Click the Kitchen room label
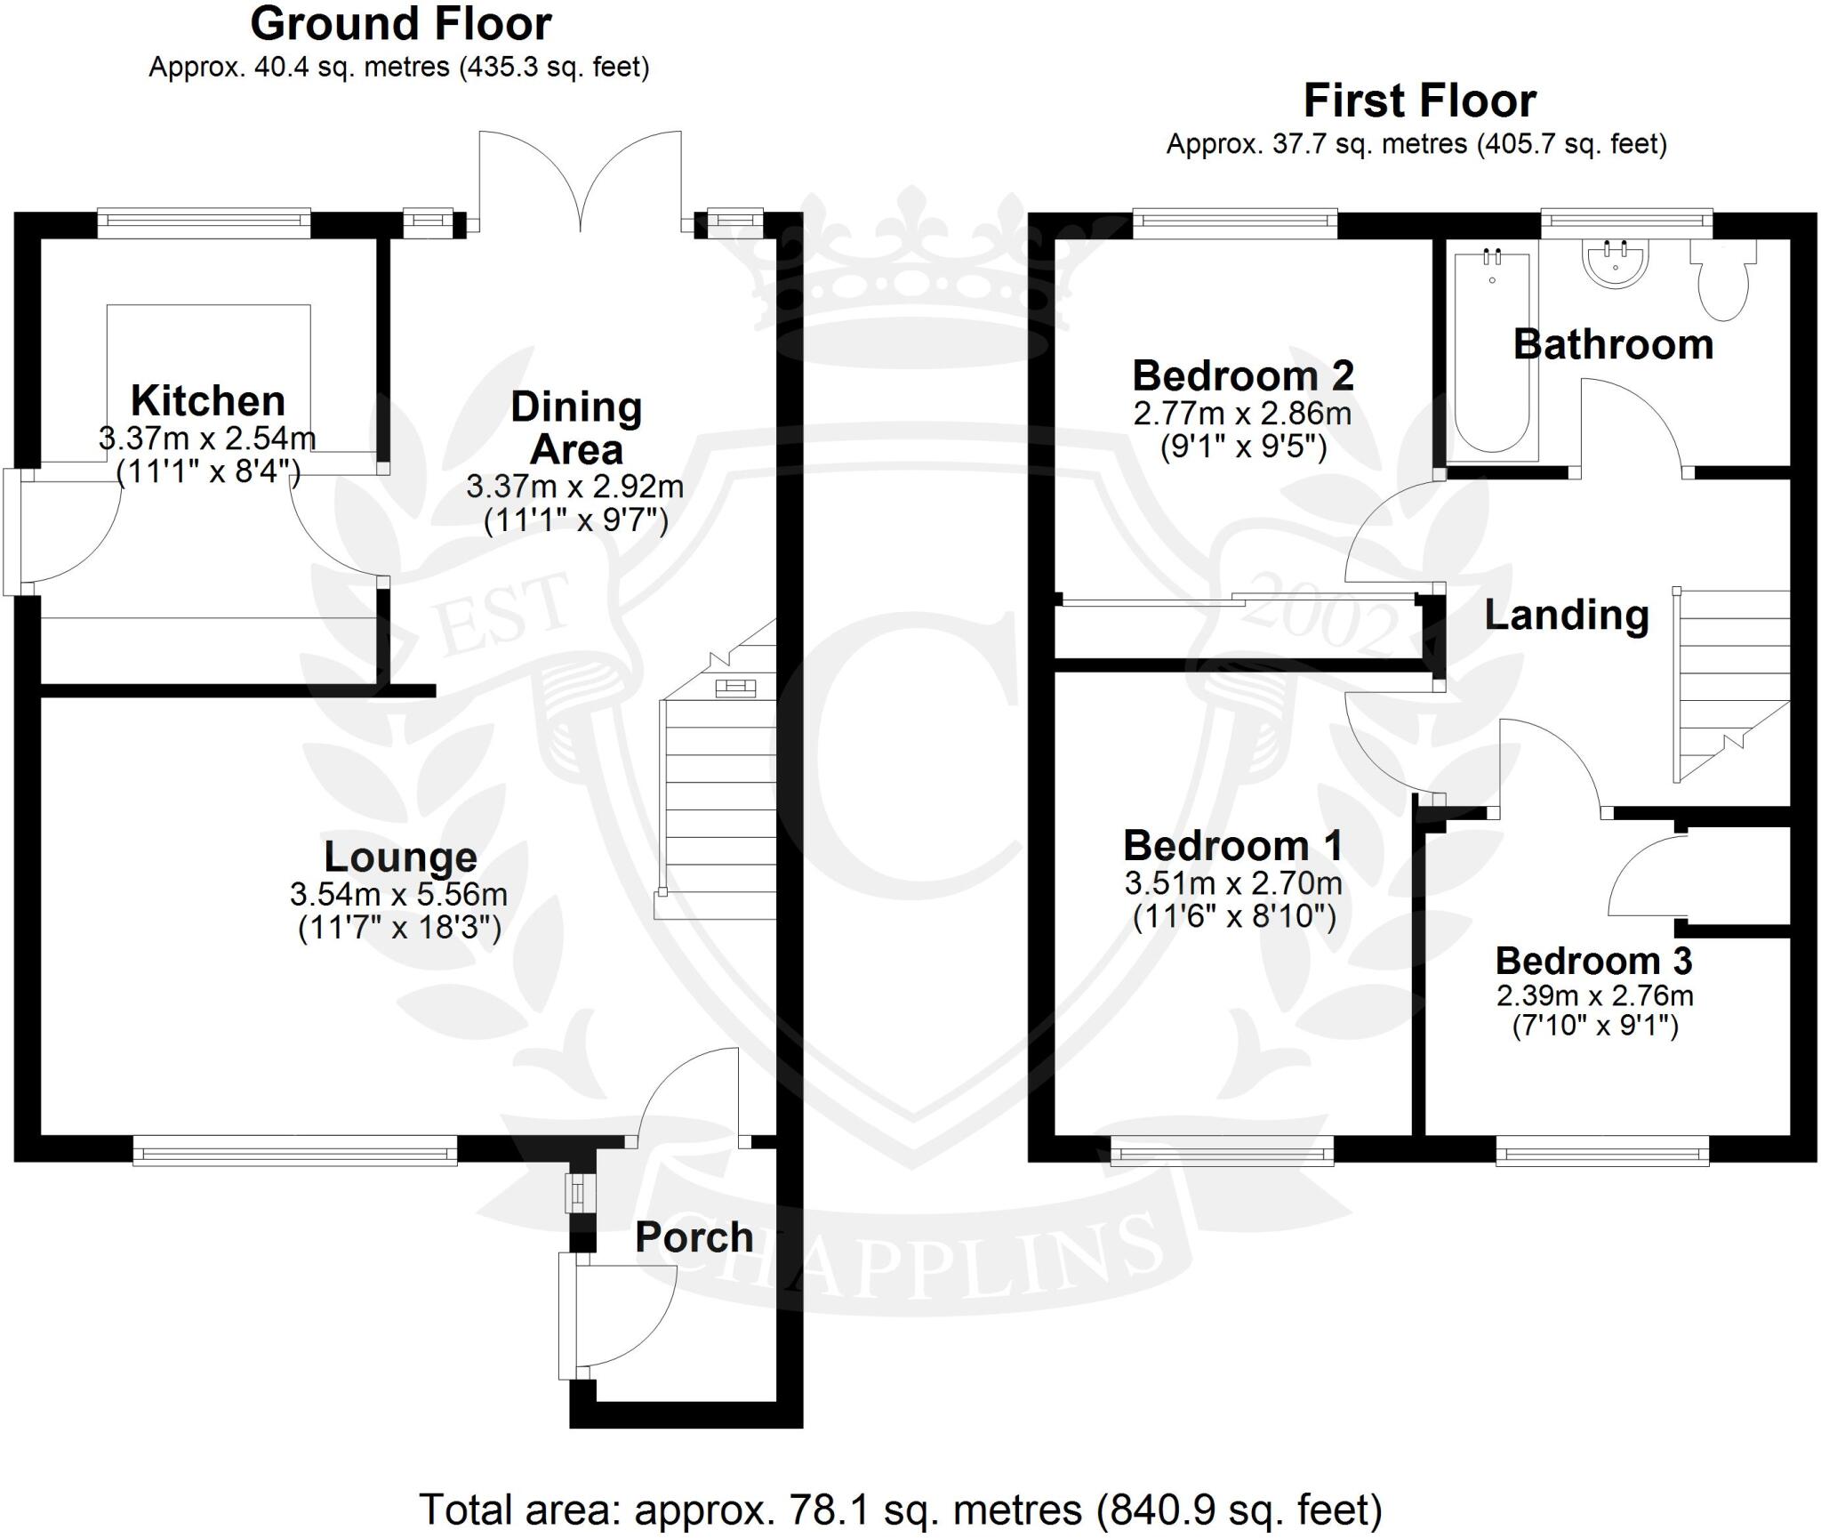[x=207, y=401]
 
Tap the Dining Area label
[x=576, y=429]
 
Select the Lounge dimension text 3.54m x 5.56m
[x=398, y=894]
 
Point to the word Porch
[x=694, y=1237]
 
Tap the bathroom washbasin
[x=1616, y=263]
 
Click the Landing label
[x=1567, y=616]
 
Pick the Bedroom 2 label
[x=1242, y=376]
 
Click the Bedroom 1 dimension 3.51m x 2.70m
[x=1233, y=883]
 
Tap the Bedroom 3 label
[x=1593, y=961]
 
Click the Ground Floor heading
[x=401, y=24]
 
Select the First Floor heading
[x=1419, y=101]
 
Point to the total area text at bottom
[x=900, y=1510]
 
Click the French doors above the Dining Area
[x=581, y=182]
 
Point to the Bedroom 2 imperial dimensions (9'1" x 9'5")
[x=1243, y=447]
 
